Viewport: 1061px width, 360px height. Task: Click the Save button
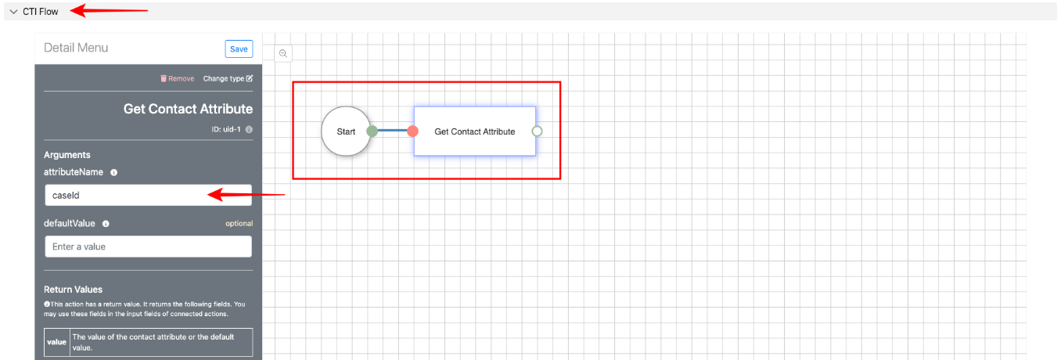point(239,49)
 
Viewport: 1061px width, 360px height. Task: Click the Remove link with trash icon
point(177,78)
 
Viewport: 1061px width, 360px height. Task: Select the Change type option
point(228,78)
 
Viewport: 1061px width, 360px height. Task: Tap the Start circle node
point(346,131)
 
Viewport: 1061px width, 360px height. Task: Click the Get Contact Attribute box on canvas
point(474,131)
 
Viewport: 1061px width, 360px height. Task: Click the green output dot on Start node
point(372,131)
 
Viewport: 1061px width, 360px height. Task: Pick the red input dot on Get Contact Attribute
point(412,131)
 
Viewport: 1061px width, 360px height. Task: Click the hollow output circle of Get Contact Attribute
point(537,131)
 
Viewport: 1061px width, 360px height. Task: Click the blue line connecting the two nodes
point(392,131)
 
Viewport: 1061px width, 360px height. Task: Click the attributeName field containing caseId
point(148,195)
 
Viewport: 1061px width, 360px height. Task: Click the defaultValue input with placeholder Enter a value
point(148,247)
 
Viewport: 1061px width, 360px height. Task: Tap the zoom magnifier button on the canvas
point(283,53)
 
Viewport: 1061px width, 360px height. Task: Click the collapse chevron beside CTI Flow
point(13,12)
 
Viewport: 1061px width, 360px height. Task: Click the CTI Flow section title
point(41,12)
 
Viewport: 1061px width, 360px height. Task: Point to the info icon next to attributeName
point(113,172)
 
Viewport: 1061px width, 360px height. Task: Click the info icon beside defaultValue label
point(106,224)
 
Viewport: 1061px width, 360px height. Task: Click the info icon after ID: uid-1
point(249,129)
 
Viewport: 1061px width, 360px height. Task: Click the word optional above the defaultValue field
point(239,224)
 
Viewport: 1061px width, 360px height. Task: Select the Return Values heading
point(73,290)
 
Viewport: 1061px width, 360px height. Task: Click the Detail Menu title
point(76,48)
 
